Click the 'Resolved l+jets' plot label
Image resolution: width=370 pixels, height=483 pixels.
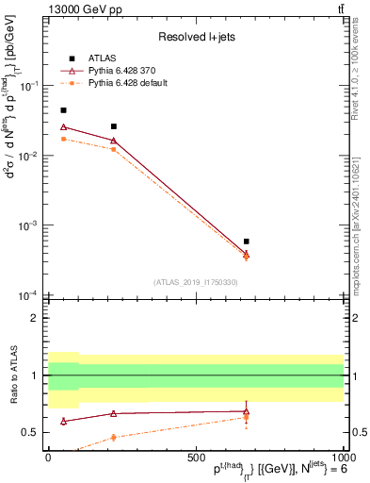point(195,38)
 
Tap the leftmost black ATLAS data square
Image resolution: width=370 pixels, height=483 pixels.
point(63,110)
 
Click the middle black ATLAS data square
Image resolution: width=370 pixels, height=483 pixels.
point(114,126)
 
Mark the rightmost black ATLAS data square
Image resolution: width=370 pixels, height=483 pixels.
point(247,241)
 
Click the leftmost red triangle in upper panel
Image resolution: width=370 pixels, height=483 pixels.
point(63,126)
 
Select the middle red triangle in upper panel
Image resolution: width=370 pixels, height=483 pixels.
point(114,141)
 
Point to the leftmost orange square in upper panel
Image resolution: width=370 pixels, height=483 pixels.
point(63,139)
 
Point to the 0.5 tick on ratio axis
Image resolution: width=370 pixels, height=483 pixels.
point(36,432)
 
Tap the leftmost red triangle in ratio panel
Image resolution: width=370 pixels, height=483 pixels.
point(63,421)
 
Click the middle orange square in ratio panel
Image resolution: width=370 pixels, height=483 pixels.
point(114,437)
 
